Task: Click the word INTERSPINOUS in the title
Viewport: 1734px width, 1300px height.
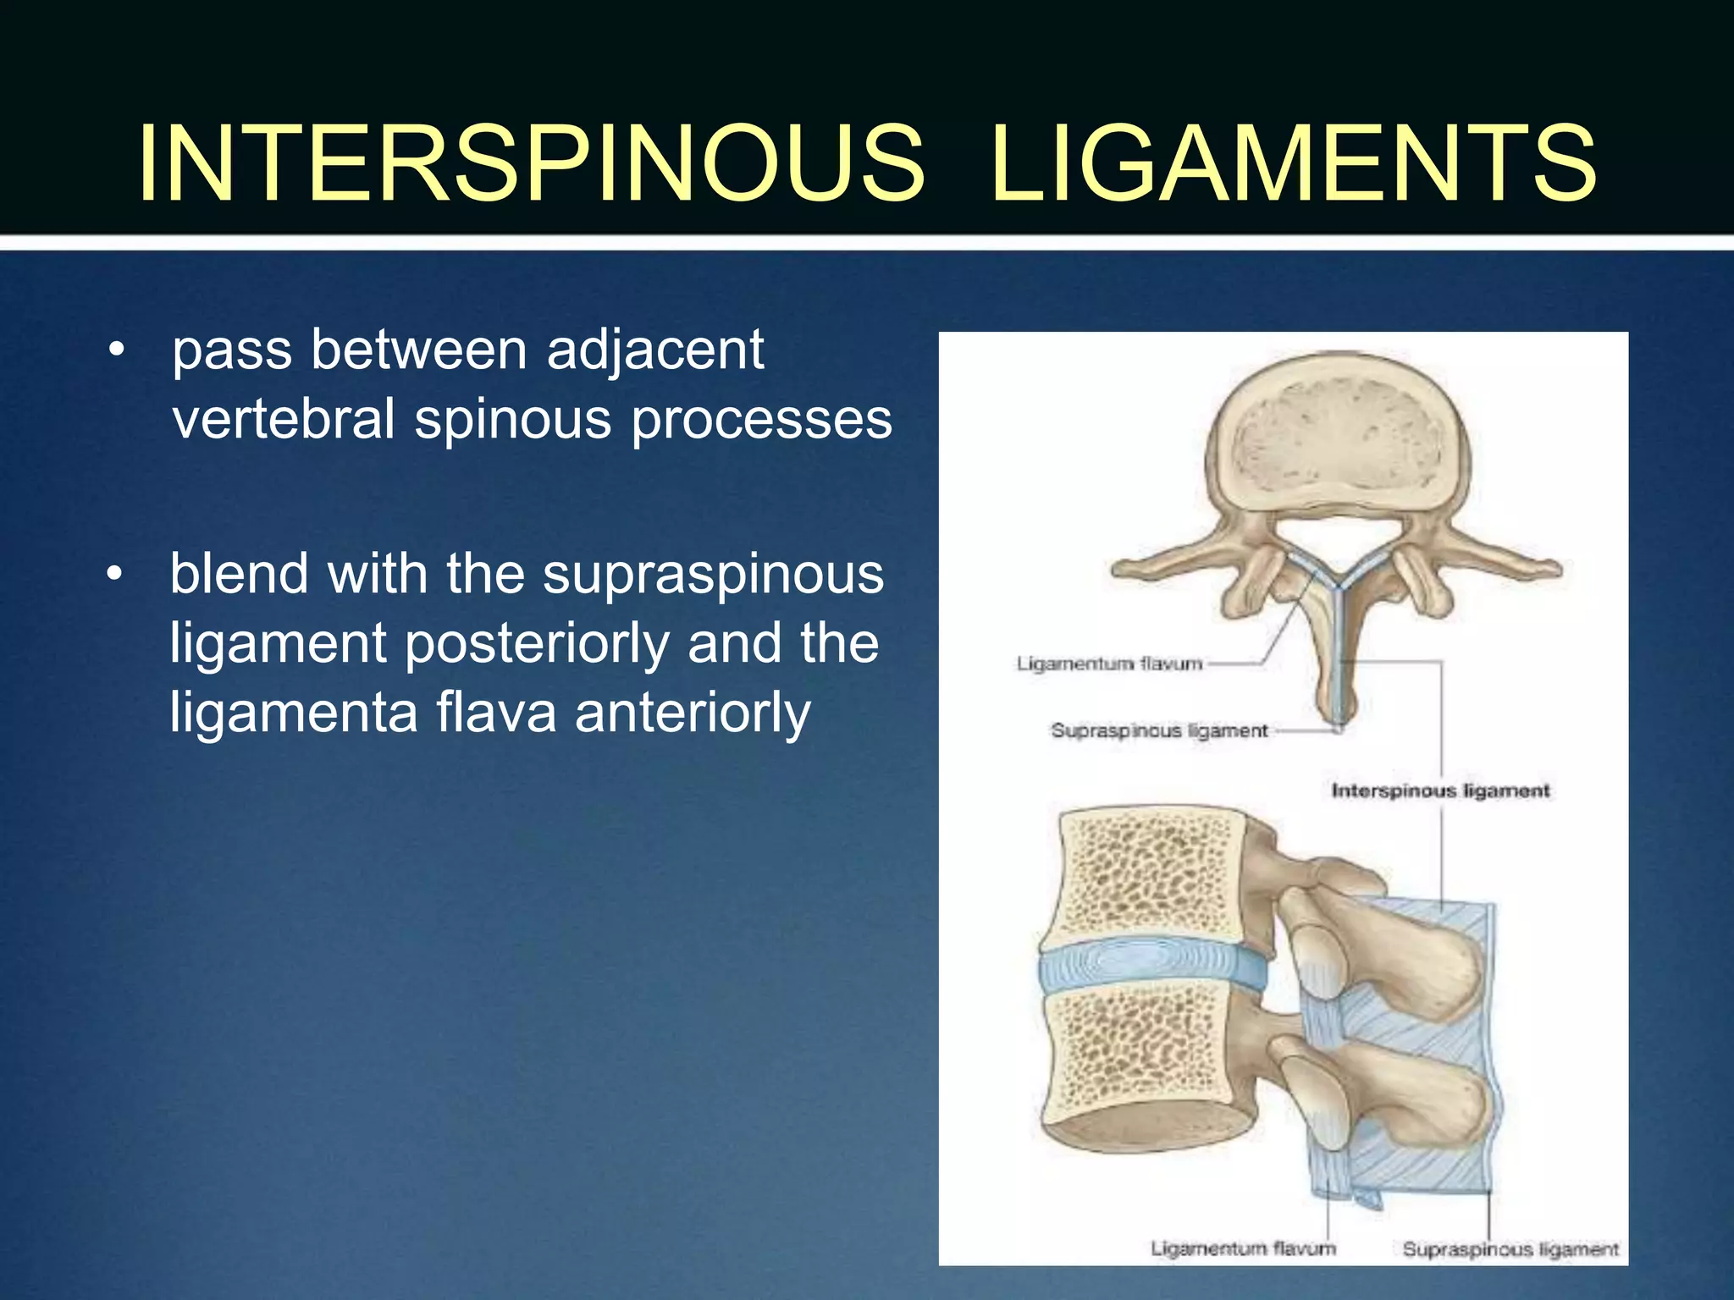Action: [532, 163]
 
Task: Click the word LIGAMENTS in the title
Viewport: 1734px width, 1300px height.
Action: [1293, 163]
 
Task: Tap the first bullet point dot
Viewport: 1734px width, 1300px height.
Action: [117, 350]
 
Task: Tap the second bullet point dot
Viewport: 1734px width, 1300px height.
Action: [115, 575]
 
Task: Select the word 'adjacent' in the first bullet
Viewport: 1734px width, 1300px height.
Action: [655, 350]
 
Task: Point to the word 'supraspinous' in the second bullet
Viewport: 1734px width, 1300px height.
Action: [713, 574]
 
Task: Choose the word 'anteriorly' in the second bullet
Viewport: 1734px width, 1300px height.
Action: [693, 712]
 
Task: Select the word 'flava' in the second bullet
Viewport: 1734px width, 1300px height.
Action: [496, 712]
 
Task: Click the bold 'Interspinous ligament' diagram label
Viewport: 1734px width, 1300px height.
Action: [1440, 790]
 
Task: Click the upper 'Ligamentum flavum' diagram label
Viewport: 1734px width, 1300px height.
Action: [1110, 664]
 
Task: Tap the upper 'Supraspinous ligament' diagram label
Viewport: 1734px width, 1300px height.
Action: [1159, 730]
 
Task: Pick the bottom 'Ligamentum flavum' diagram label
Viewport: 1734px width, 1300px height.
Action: [1243, 1248]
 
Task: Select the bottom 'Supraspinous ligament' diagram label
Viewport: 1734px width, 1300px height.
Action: [1510, 1249]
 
